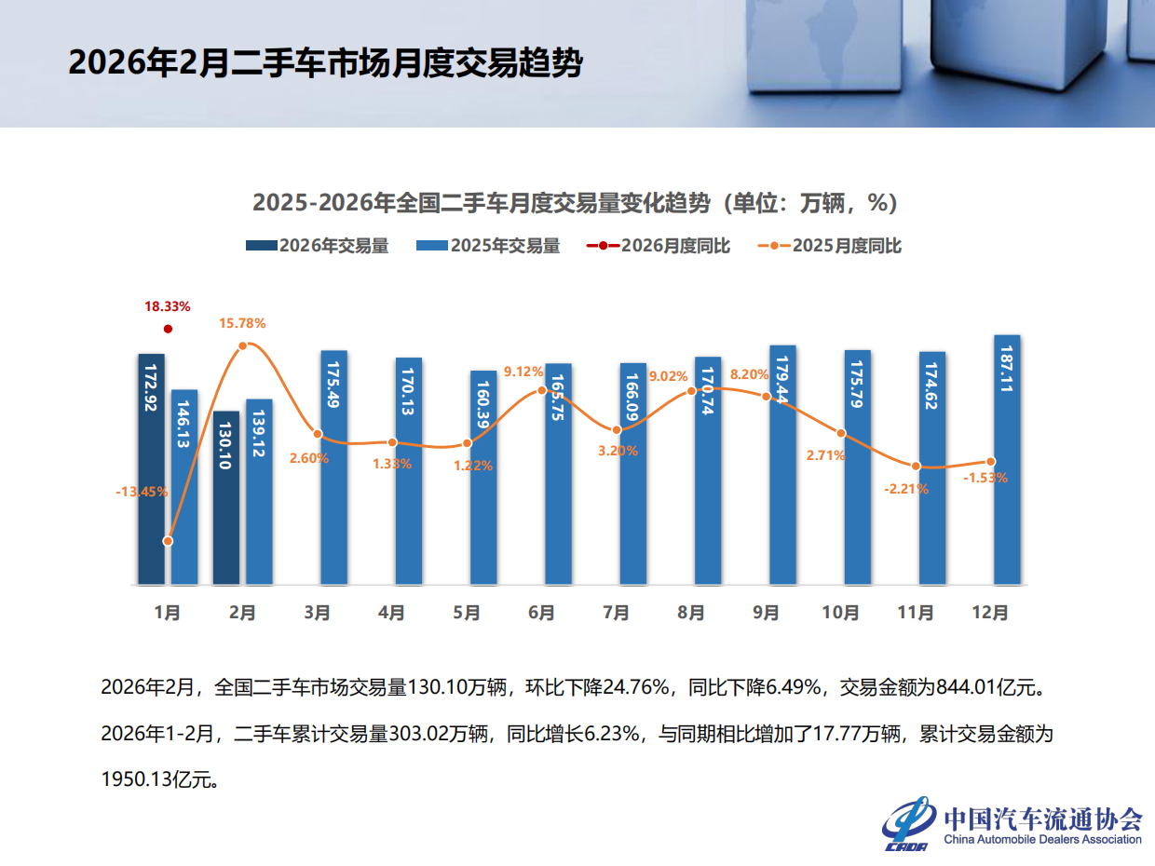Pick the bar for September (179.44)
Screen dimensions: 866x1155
click(x=782, y=465)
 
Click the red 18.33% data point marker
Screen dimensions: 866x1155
click(x=168, y=329)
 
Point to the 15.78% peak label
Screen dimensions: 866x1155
click(x=242, y=324)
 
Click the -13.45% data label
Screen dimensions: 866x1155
click(x=142, y=492)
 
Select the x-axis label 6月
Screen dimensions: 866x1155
click(x=541, y=613)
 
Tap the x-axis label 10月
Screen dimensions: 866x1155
click(x=840, y=613)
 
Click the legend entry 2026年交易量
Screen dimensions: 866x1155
click(x=317, y=246)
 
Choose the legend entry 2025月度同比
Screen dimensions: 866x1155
click(x=830, y=246)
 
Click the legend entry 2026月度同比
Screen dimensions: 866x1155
click(x=659, y=246)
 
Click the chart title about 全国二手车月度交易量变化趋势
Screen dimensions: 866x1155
click(x=575, y=202)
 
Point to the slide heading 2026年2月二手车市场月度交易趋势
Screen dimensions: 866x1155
click(x=325, y=63)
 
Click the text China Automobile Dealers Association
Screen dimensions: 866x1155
click(x=1042, y=839)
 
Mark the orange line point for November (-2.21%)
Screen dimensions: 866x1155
click(x=916, y=466)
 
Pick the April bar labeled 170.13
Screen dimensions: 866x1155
click(x=409, y=470)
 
